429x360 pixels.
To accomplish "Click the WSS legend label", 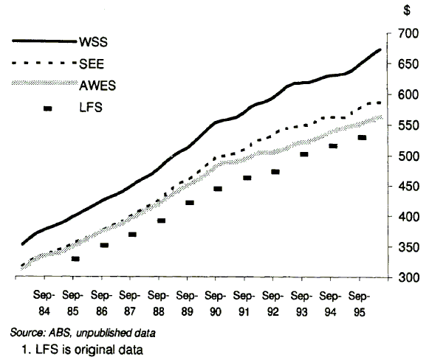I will tap(95, 41).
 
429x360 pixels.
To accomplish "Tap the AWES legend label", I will tap(97, 86).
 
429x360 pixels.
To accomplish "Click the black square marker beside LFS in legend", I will tap(49, 108).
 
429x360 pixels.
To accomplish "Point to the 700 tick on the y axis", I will tap(402, 34).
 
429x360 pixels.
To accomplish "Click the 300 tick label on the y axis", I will tap(402, 278).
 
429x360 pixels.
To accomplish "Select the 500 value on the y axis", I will tap(402, 156).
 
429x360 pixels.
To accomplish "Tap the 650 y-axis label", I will tap(402, 65).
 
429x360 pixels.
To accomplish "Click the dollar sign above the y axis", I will tap(407, 11).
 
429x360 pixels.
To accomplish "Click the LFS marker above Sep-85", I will tap(75, 259).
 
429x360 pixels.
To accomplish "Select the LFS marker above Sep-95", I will tap(362, 138).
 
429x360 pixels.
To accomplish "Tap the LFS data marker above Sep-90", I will tap(218, 189).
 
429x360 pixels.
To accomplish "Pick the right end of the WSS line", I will tap(378, 49).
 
